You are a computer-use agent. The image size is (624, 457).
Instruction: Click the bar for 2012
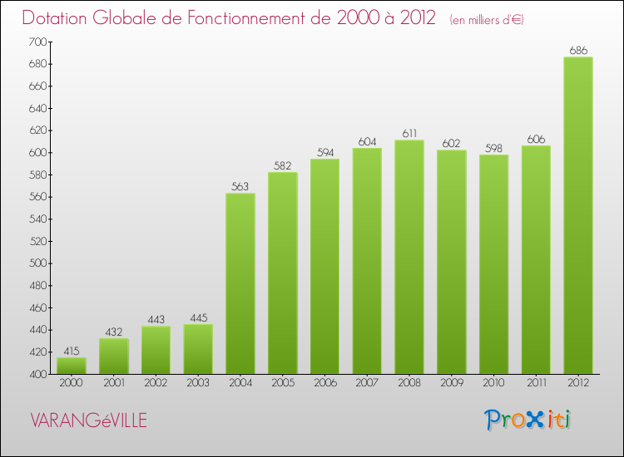(578, 215)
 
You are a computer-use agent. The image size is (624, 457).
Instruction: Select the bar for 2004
(240, 283)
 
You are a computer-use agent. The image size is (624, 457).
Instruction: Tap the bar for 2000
(72, 366)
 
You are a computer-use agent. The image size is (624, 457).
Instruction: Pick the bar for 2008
(409, 257)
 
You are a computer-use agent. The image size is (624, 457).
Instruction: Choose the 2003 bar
(198, 349)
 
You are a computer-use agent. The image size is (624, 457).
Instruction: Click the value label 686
(578, 51)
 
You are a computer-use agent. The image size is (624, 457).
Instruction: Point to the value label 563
(240, 187)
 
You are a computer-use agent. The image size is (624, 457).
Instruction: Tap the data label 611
(409, 134)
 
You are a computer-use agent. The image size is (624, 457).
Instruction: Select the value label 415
(72, 351)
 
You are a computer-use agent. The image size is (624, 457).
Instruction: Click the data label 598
(493, 148)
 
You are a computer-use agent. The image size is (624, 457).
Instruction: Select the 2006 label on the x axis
(324, 383)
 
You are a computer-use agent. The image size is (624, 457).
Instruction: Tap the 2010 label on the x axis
(493, 383)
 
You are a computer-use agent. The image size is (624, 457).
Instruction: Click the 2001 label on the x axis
(113, 383)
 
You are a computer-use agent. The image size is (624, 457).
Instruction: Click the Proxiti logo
(528, 420)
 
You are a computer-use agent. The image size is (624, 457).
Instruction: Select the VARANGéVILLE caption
(88, 421)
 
